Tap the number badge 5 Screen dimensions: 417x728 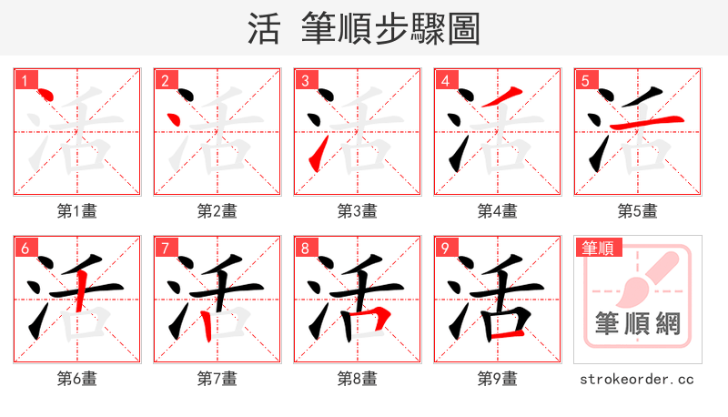click(x=586, y=79)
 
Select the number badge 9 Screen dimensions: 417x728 click(x=446, y=247)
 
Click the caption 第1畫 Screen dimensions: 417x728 click(x=76, y=211)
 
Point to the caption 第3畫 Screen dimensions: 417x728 click(x=357, y=211)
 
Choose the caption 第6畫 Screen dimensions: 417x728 click(x=76, y=378)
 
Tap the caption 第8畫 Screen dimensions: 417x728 click(x=357, y=378)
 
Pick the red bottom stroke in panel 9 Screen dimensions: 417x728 click(x=508, y=334)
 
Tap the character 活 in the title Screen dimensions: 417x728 click(x=264, y=29)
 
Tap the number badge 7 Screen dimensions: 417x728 click(x=166, y=247)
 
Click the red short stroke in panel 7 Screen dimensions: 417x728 click(x=208, y=322)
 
